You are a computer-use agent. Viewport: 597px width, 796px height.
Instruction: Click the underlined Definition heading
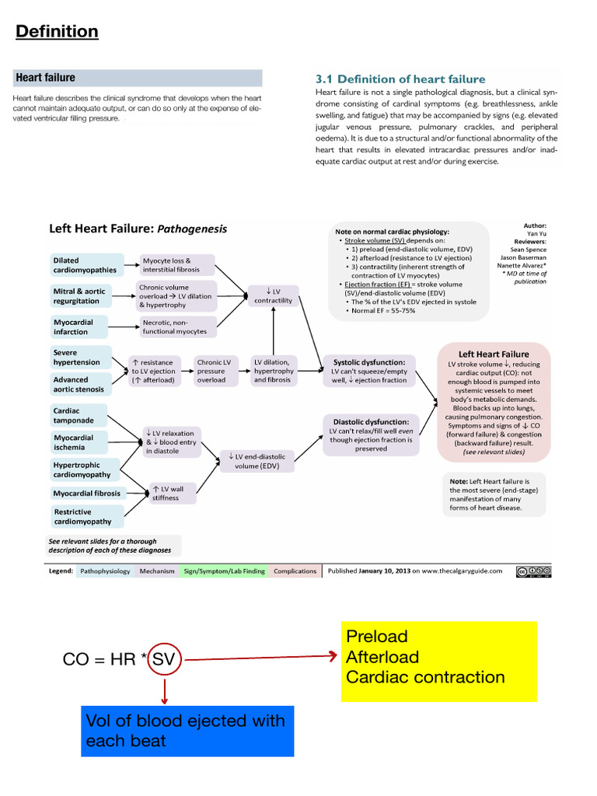coord(57,32)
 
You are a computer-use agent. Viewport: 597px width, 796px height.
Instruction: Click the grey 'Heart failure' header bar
coord(138,78)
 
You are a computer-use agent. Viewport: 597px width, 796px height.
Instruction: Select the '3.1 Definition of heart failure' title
coord(400,79)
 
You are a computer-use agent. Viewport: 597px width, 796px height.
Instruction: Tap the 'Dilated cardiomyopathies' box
coord(86,265)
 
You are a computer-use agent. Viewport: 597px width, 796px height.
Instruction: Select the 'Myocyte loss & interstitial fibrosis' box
coord(176,265)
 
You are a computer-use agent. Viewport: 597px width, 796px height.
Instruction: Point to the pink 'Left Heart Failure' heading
coord(495,354)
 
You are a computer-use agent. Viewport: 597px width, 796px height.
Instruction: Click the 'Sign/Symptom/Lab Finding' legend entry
coord(224,571)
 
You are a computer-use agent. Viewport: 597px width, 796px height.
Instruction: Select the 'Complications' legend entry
coord(295,571)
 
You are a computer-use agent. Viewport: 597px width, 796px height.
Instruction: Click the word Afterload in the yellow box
coord(382,657)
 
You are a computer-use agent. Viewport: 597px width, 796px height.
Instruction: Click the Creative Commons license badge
coord(531,571)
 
